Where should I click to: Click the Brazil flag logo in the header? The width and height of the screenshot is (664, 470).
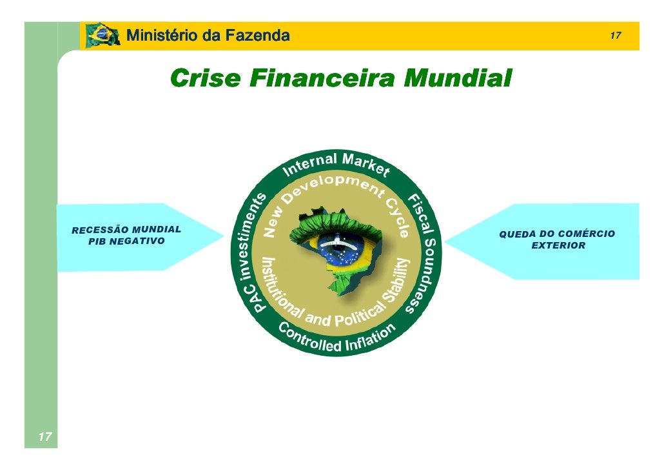click(102, 36)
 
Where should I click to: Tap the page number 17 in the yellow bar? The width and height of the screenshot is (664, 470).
click(615, 36)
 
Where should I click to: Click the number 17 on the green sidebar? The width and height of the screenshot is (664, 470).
click(44, 438)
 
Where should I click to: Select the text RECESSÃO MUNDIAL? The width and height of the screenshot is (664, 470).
click(126, 230)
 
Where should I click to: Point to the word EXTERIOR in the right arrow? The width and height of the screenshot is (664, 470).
click(558, 245)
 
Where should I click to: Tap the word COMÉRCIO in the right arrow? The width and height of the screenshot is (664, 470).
click(585, 234)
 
